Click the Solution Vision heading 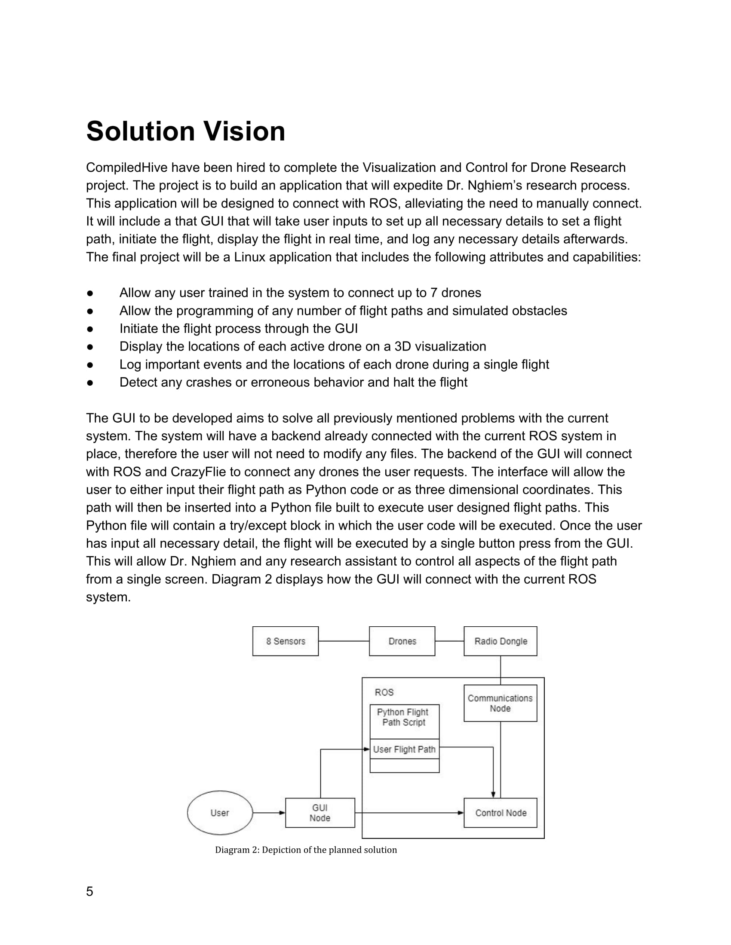coord(185,131)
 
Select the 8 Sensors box coord(286,641)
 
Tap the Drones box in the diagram coord(402,641)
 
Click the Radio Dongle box coord(500,641)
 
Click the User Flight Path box coord(404,750)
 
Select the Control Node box coord(500,813)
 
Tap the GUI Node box coord(319,813)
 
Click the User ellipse coord(220,813)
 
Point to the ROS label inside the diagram coord(384,692)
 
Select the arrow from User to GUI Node coord(268,813)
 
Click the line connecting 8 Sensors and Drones coord(344,641)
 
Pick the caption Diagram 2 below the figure coord(306,850)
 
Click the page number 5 coord(89,891)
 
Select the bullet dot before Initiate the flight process coord(90,329)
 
